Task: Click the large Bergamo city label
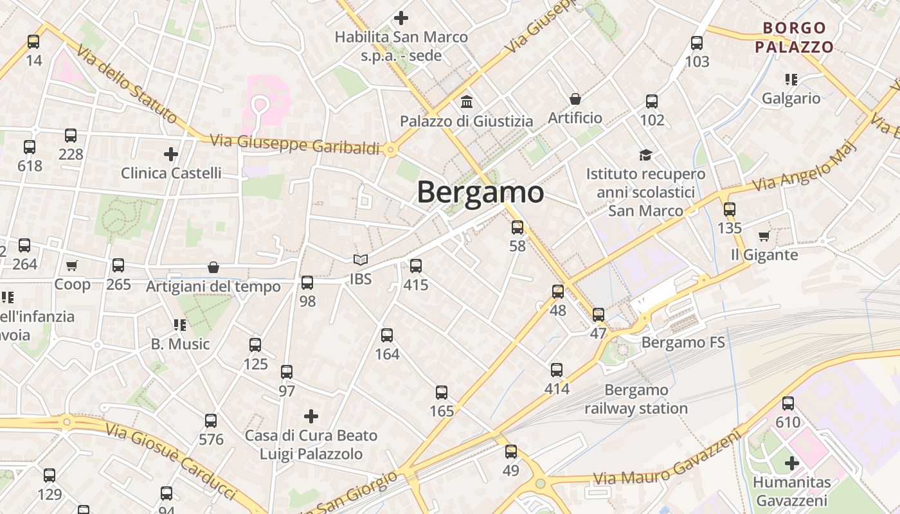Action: coord(480,192)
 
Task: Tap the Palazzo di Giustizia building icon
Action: coord(467,102)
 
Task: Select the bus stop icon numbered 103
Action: coord(697,43)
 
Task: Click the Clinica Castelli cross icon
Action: coord(171,154)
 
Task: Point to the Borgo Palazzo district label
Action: coord(794,37)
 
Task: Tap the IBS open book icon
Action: coord(361,260)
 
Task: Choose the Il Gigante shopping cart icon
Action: coord(764,236)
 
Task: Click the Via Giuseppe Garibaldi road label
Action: coord(296,145)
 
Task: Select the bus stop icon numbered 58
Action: coord(517,227)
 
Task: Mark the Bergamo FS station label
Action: coord(683,342)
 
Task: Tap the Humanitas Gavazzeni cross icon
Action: coord(792,463)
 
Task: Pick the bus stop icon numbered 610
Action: coord(788,403)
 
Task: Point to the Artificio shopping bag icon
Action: coord(575,99)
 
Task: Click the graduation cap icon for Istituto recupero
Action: coord(645,155)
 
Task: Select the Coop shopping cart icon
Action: coord(72,265)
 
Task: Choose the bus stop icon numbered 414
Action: coord(557,369)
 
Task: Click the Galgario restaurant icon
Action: coord(791,80)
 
